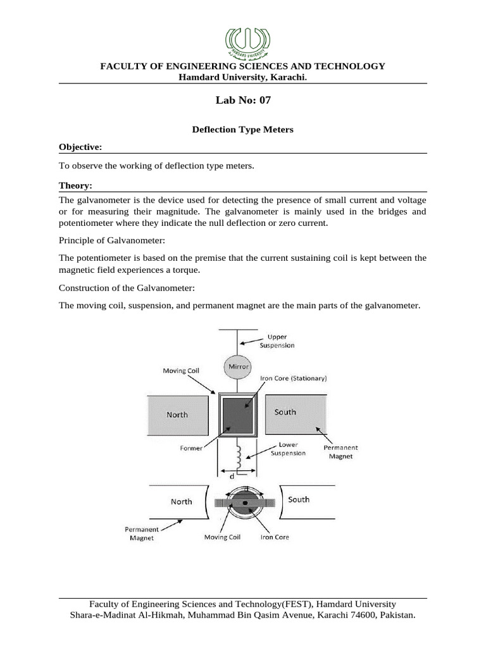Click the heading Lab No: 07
coord(243,100)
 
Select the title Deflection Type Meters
coord(243,129)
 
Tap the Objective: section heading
coord(80,147)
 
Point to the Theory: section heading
coord(75,185)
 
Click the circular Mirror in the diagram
coord(239,366)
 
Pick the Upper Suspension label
coord(277,341)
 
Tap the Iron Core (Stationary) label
coord(293,378)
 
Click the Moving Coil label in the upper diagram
coord(182,370)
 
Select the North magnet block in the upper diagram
coord(178,414)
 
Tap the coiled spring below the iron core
coord(239,454)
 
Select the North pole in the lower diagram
coord(181,502)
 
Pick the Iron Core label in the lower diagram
coord(275,537)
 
